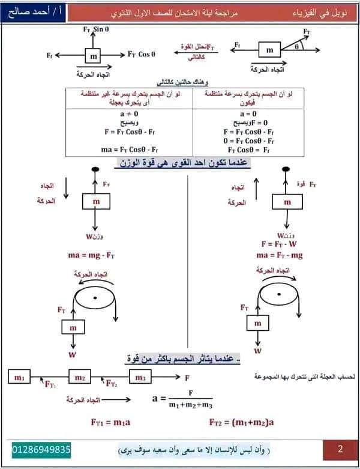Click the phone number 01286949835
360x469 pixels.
[41, 449]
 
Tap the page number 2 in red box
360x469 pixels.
[340, 449]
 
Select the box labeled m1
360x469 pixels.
[19, 377]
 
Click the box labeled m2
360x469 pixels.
[80, 377]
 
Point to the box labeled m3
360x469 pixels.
[140, 377]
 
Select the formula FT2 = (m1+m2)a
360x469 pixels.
[242, 422]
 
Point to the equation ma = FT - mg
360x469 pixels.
[280, 255]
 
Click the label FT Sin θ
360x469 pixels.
[97, 29]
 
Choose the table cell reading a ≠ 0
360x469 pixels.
[130, 113]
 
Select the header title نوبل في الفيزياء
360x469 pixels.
[323, 12]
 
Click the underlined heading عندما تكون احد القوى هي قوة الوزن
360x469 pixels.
[182, 163]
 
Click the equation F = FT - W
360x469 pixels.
[280, 244]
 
